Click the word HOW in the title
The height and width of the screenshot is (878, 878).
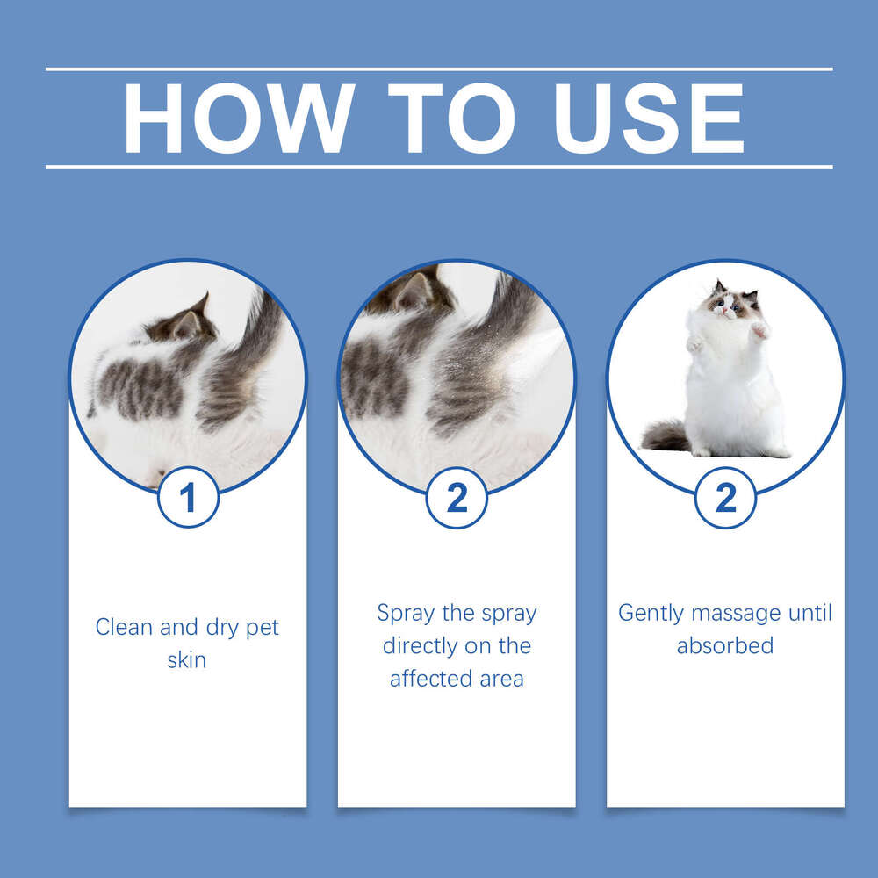pyautogui.click(x=238, y=118)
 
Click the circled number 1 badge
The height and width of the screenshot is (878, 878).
pyautogui.click(x=188, y=498)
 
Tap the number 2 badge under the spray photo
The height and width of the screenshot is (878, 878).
pyautogui.click(x=457, y=498)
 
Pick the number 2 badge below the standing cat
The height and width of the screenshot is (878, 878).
pyautogui.click(x=725, y=498)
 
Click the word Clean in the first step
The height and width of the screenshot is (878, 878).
pyautogui.click(x=123, y=628)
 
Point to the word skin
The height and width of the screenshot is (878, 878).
pyautogui.click(x=187, y=660)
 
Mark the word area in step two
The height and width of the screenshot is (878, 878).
pyautogui.click(x=504, y=679)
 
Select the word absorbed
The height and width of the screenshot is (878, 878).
pyautogui.click(x=725, y=645)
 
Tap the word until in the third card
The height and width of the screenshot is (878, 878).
pyautogui.click(x=810, y=612)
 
